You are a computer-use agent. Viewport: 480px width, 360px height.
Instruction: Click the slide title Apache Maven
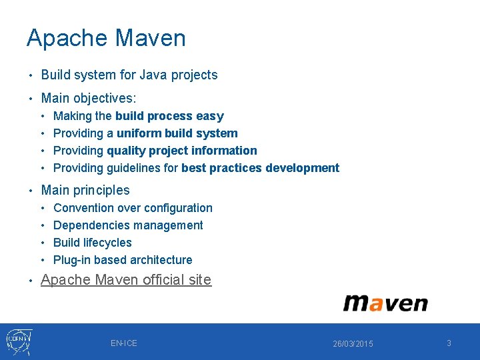[106, 38]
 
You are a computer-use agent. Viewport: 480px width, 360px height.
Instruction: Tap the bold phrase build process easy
[169, 116]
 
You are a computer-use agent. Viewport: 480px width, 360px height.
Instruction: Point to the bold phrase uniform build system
[177, 133]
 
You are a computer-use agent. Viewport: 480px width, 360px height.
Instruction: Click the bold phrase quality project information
[181, 151]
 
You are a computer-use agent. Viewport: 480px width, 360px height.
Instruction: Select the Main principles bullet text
[85, 191]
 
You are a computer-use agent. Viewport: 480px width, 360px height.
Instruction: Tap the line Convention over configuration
[133, 208]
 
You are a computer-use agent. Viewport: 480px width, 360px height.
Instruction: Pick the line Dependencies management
[128, 225]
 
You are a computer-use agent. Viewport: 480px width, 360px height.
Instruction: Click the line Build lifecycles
[93, 243]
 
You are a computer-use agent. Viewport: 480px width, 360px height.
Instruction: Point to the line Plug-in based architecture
[123, 260]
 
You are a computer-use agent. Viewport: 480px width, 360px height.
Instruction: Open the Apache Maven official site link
[126, 280]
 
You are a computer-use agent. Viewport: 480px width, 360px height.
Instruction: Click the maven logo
[385, 303]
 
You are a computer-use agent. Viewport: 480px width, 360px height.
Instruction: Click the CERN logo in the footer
[19, 341]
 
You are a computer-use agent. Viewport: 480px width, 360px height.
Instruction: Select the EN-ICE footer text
[124, 343]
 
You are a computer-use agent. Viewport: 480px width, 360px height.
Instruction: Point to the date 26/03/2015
[353, 344]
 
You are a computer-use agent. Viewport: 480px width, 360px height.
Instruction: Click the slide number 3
[449, 343]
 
